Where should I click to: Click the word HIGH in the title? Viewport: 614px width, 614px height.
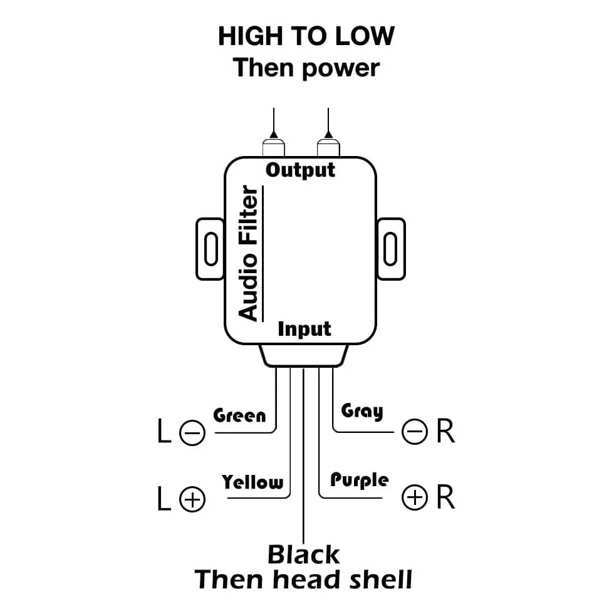point(250,36)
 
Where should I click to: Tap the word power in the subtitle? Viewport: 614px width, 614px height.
point(341,68)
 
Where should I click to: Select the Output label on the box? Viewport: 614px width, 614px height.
point(300,170)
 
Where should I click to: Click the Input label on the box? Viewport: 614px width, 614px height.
point(304,330)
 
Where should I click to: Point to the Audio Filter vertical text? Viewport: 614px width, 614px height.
point(248,253)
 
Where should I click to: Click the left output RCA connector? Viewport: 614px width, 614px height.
point(274,148)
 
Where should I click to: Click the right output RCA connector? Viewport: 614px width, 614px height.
point(328,148)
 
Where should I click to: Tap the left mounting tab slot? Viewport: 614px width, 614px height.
point(211,249)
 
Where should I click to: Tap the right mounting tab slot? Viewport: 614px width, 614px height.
point(390,249)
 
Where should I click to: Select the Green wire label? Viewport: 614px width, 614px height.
point(239,415)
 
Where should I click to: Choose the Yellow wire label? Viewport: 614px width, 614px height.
point(252,482)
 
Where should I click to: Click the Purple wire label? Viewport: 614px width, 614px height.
point(360,481)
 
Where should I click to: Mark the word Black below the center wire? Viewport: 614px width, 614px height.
point(303,554)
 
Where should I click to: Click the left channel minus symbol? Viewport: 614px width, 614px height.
point(192,433)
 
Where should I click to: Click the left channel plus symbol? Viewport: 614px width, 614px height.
point(192,499)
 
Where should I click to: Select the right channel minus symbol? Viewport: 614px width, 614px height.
point(415,432)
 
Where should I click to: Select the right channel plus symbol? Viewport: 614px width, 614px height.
point(415,497)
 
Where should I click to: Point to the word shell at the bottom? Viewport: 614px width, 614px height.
point(380,580)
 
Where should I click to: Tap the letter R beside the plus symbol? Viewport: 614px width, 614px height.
point(445,497)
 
